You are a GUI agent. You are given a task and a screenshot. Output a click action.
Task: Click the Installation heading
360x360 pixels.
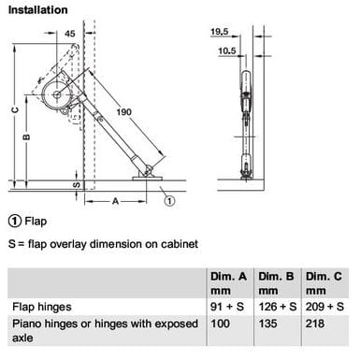(37, 10)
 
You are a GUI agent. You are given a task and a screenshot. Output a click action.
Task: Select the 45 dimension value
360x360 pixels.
(70, 34)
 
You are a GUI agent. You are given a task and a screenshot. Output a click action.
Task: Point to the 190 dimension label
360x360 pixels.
(124, 112)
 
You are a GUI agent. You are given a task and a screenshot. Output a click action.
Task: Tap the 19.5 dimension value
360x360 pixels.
(220, 32)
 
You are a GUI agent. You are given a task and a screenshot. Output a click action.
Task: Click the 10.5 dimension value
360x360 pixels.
(227, 50)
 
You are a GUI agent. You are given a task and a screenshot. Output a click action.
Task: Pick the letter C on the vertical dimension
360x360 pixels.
(15, 110)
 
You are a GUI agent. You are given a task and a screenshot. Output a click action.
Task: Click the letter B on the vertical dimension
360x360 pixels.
(27, 137)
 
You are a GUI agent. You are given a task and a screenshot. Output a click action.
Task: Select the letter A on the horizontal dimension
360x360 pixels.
(116, 202)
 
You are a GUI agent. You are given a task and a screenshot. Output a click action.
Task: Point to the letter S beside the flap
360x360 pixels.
(77, 185)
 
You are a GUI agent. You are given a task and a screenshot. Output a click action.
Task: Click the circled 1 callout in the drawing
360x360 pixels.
(169, 201)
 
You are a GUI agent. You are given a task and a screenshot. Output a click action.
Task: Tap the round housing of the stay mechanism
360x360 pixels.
(57, 94)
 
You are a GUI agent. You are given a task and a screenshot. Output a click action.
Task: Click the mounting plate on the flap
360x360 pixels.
(148, 179)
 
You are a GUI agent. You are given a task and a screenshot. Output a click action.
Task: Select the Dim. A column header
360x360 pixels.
(228, 283)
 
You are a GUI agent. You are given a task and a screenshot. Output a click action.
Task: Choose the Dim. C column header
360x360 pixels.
(324, 283)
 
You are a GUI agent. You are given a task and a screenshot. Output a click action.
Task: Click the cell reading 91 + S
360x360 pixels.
(227, 307)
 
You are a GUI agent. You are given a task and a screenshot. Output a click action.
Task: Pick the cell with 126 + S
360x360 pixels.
(278, 307)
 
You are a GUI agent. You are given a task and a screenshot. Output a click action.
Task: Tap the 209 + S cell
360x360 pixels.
(324, 307)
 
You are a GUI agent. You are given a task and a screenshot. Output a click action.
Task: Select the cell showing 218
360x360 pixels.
(315, 324)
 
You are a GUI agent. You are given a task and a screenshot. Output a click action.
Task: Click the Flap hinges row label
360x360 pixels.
(42, 307)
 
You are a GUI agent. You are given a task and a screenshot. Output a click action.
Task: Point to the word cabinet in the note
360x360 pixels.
(180, 244)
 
